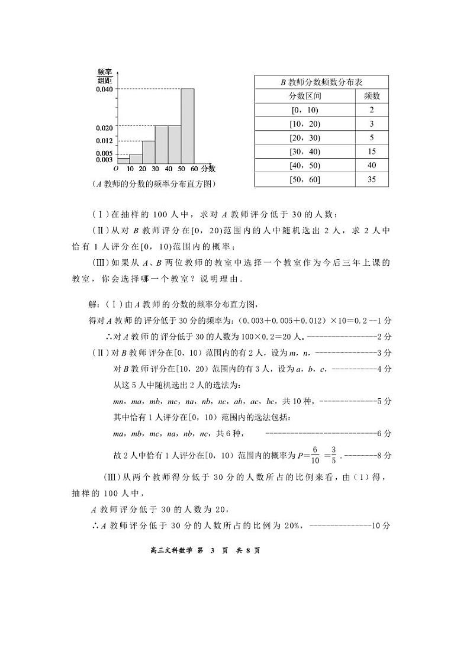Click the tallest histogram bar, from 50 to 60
point(188,126)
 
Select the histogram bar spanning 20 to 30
point(149,152)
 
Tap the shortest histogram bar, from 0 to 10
point(123,161)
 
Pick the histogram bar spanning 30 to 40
point(162,144)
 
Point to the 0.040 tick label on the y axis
point(104,89)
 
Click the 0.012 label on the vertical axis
point(104,141)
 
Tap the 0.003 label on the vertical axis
point(104,160)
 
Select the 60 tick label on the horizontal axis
point(194,169)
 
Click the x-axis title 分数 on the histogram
point(208,169)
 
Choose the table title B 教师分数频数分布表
point(321,82)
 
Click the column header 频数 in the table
point(372,96)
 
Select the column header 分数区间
point(305,96)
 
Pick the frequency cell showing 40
point(372,165)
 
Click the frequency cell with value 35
point(372,179)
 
